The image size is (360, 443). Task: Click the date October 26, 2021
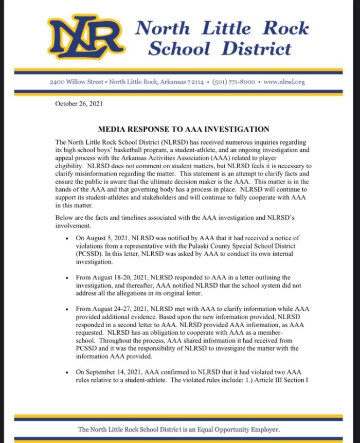point(79,104)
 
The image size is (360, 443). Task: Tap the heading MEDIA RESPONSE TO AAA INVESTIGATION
point(184,129)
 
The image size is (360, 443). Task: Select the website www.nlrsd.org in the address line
point(284,82)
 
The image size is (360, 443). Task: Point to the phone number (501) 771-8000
point(235,82)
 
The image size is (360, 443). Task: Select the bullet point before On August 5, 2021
point(68,239)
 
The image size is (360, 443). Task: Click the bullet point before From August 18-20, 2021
point(68,278)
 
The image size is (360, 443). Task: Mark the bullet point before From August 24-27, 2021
point(68,309)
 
